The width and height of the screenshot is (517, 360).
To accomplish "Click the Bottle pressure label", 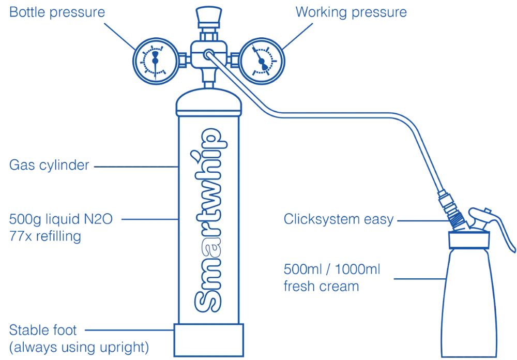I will (x=57, y=12).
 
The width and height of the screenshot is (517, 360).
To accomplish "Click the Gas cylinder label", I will (x=50, y=167).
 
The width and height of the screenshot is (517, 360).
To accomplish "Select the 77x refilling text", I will (x=45, y=237).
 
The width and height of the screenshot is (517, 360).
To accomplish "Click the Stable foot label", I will (x=42, y=329).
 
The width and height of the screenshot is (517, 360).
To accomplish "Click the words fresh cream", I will (x=321, y=287).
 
